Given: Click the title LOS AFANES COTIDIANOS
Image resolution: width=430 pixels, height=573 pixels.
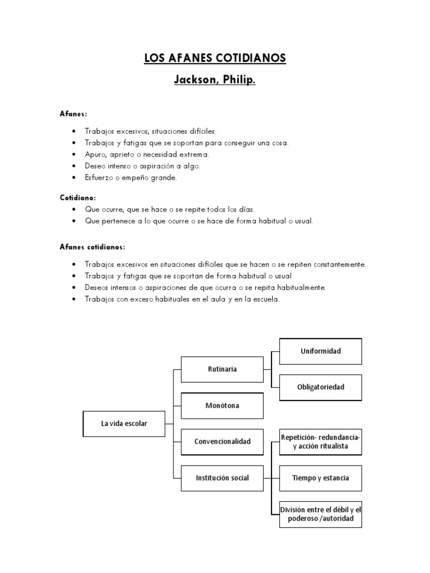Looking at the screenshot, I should [215, 58].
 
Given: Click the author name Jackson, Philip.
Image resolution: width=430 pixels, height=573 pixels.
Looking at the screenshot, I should [215, 81].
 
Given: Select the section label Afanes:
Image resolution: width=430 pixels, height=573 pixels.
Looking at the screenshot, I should [73, 114].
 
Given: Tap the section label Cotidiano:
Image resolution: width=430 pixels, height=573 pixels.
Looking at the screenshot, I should [78, 198].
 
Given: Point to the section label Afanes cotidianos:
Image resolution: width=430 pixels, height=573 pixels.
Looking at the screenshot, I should [92, 247].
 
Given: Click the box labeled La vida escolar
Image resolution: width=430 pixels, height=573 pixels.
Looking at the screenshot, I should [124, 424].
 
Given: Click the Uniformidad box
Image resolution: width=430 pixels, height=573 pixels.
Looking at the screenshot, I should [321, 351].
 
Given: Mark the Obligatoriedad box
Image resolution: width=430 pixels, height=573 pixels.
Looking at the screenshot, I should [321, 387].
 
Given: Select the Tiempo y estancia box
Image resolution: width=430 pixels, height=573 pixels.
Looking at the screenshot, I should [321, 478].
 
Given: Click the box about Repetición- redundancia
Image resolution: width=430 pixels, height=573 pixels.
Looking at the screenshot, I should [321, 442].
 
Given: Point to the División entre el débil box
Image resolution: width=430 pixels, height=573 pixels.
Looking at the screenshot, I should [321, 514].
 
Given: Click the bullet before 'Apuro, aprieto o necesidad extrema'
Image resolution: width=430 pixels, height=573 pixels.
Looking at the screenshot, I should [74, 154].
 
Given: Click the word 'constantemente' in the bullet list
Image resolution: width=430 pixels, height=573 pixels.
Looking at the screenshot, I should [340, 264].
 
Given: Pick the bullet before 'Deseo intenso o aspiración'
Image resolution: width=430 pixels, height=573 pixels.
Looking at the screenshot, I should [74, 166].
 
